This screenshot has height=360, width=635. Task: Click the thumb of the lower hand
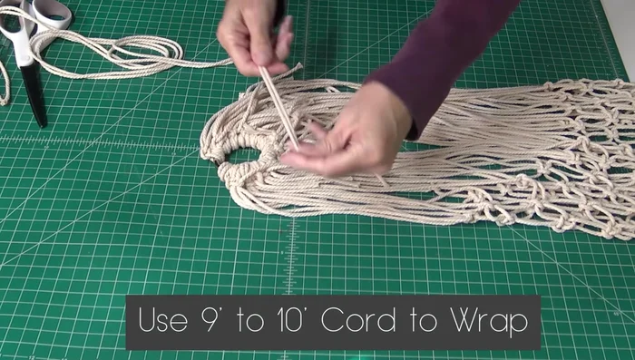pyautogui.click(x=304, y=158)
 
